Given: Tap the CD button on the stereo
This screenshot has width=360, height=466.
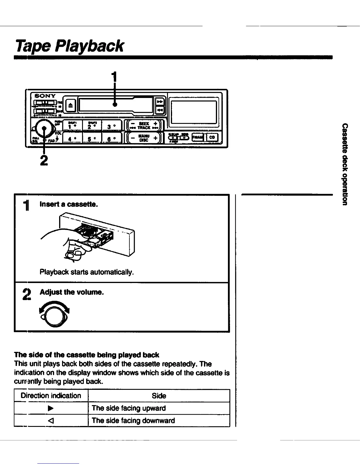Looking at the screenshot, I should point(212,137).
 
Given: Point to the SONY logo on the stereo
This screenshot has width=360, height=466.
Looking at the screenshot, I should point(45,96).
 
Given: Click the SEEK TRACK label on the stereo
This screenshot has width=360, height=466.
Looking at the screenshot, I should point(144,126).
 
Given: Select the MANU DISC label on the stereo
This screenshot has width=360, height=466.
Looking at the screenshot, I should point(144,138).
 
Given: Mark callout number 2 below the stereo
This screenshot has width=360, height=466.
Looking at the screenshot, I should point(44,160).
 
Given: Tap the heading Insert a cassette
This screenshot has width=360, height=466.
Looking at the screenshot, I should point(69,204).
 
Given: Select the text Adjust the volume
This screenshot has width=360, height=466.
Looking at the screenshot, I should point(72,292).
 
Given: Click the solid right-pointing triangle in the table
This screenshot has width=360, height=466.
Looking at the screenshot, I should point(51,408).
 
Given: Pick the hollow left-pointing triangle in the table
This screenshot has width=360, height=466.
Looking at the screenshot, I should point(51,420).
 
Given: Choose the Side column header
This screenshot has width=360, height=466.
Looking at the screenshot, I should point(159,396).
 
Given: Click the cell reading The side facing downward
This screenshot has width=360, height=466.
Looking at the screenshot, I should point(133,420).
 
